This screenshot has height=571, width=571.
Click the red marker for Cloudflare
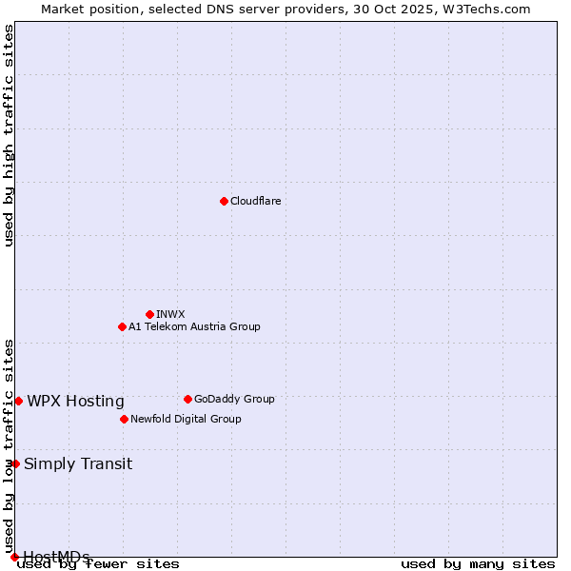point(224,201)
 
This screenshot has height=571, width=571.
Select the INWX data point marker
point(149,314)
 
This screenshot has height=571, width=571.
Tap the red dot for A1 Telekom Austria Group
point(122,326)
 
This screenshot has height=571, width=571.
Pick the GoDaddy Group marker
point(187,399)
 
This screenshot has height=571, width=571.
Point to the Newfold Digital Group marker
point(124,419)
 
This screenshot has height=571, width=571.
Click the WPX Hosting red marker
point(18,401)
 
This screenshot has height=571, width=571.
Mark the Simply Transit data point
point(15,463)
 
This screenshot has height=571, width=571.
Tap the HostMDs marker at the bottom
point(14,557)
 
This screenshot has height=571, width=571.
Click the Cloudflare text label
point(255,201)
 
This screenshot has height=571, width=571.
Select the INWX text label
point(170,314)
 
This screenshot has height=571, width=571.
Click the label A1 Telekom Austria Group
point(194,326)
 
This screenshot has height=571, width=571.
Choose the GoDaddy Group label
point(234,399)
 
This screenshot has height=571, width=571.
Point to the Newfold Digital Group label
point(186,419)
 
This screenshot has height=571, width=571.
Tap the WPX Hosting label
point(75,401)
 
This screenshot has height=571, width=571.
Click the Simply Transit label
point(78,463)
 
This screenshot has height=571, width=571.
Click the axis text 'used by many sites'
point(478,563)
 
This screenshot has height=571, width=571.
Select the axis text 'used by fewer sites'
point(98,563)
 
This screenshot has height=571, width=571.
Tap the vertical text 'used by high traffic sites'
point(9,135)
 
